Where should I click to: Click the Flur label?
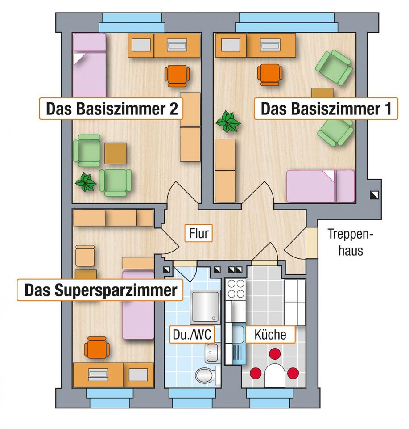pos(198,233)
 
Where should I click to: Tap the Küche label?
pos(270,334)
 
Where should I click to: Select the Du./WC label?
pos(192,334)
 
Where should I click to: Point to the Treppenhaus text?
pos(351,243)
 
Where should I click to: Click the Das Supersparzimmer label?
pos(100,290)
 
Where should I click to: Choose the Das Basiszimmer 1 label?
pos(326,109)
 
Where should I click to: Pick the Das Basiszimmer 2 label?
pos(111,109)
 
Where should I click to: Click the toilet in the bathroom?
pos(208,376)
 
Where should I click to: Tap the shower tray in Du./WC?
pos(205,307)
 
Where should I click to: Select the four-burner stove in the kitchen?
pos(236,289)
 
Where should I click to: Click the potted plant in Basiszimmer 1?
pos(228,122)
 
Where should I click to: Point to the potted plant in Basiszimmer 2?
pos(86,182)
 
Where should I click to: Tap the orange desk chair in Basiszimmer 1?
pos(270,75)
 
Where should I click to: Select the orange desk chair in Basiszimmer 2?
pos(177,76)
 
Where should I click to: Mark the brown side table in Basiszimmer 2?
pos(116,153)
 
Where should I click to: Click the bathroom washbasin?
pos(212,353)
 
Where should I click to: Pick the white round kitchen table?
pos(274,375)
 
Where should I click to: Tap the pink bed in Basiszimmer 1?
pos(321,186)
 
